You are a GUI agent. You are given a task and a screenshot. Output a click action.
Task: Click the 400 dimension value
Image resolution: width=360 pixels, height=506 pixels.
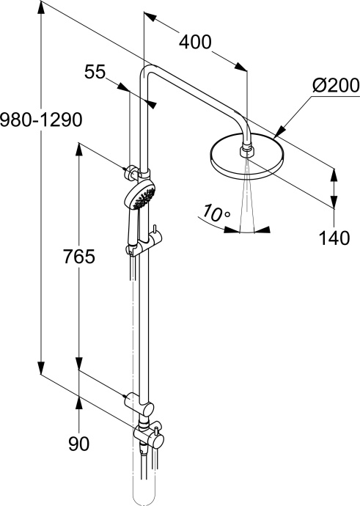click(x=195, y=43)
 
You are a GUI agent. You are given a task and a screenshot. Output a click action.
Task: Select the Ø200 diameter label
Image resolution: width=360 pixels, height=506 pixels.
click(x=334, y=86)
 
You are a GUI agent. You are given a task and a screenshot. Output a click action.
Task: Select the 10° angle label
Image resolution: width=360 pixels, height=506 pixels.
click(x=216, y=213)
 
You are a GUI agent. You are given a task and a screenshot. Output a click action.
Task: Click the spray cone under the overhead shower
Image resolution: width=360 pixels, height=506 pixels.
click(x=247, y=194)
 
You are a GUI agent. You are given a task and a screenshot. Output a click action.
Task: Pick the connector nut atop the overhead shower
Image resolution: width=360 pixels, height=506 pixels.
click(x=247, y=152)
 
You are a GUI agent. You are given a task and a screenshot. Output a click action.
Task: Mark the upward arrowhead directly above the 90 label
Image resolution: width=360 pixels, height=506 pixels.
click(x=78, y=401)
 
